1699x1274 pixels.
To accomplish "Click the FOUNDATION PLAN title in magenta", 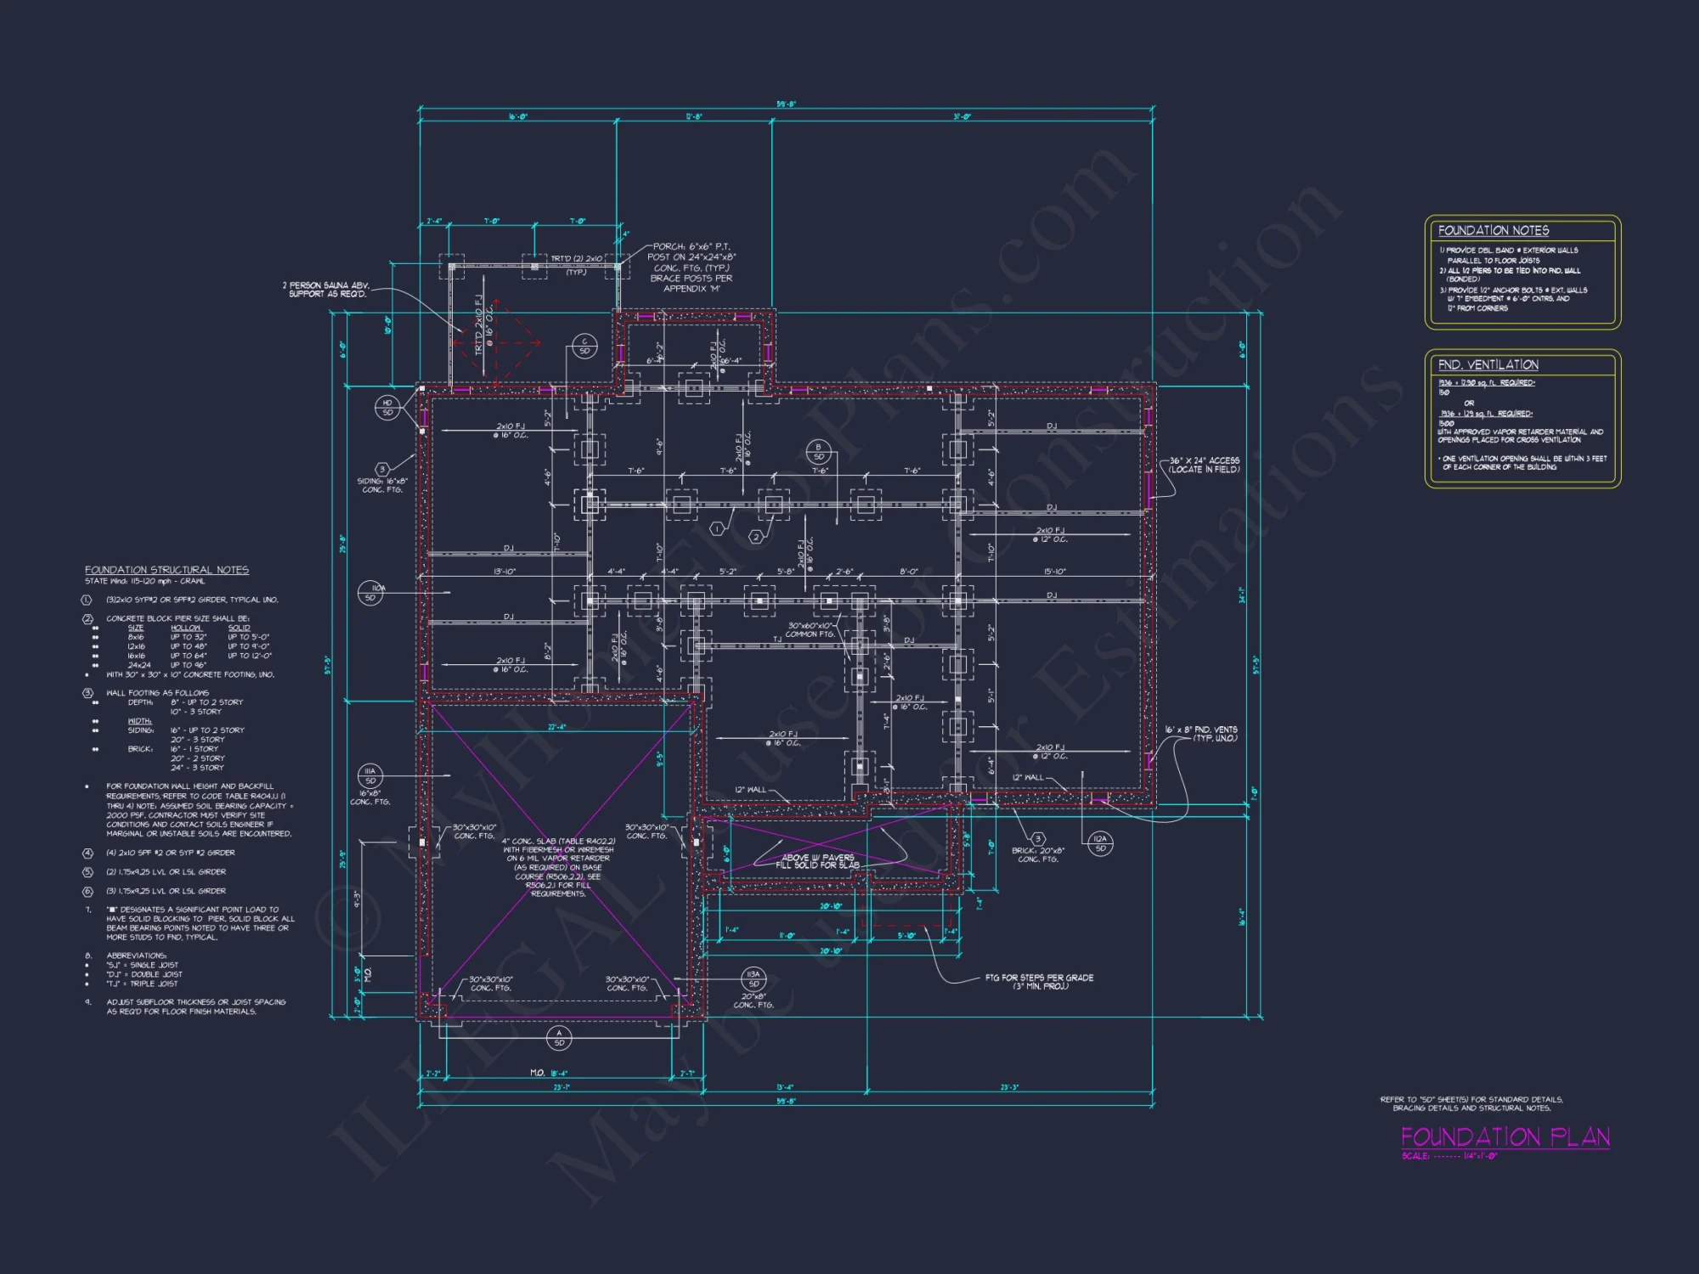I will tap(1504, 1137).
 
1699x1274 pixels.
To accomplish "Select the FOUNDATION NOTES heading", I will tap(1493, 230).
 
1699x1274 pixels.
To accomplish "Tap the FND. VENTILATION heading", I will tap(1487, 364).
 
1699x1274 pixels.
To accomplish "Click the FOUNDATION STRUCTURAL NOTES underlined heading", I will tap(167, 570).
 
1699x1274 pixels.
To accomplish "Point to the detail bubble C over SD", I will tap(584, 346).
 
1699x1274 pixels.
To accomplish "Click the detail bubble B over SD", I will tap(818, 451).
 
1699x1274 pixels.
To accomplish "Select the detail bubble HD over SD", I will tap(387, 408).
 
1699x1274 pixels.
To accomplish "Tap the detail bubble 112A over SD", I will tap(1100, 843).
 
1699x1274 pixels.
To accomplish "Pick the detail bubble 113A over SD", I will tap(754, 978).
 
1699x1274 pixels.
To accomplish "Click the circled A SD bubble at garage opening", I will tap(559, 1038).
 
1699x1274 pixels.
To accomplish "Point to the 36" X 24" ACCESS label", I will tap(1204, 465).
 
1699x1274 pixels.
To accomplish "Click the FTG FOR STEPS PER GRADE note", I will tap(1038, 982).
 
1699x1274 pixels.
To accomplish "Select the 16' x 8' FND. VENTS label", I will tap(1200, 734).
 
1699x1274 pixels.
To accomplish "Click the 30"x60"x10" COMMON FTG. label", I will tap(810, 629).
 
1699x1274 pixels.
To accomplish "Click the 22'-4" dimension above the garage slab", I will tap(556, 727).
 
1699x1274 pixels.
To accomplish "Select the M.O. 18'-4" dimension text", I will tap(549, 1073).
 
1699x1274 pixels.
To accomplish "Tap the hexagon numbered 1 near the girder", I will tap(717, 529).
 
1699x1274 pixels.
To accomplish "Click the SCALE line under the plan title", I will tap(1449, 1156).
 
